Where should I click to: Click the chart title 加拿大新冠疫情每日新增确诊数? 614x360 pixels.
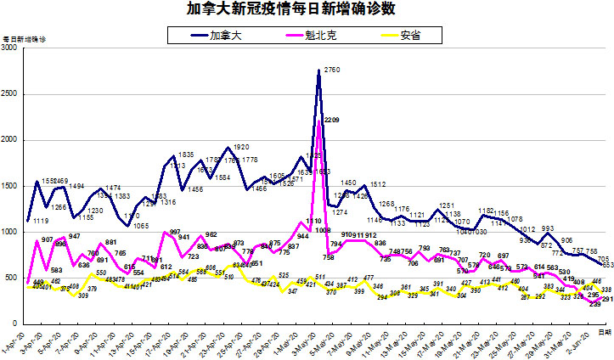coord(280,9)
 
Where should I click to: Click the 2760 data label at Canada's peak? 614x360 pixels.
coord(333,69)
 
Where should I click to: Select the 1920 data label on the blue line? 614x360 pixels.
coord(240,146)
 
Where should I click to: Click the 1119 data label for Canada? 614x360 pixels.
coord(41,222)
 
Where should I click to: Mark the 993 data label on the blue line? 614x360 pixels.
coord(548,229)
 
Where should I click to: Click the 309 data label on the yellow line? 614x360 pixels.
coord(83,295)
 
